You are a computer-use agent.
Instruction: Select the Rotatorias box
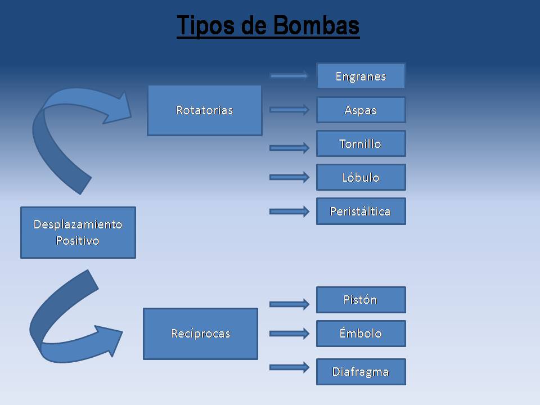point(204,110)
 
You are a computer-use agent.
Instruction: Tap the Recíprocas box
point(200,334)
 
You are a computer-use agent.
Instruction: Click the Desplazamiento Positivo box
point(78,232)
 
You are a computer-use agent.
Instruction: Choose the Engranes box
point(361,76)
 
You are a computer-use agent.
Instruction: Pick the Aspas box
point(361,110)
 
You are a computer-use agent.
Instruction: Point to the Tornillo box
point(361,143)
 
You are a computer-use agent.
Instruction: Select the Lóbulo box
point(361,177)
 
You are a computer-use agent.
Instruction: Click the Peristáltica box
point(361,211)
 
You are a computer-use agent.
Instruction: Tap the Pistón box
point(361,300)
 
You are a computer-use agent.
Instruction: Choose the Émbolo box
point(361,334)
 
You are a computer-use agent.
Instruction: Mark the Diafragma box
point(361,372)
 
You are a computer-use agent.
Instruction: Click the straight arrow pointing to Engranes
point(289,75)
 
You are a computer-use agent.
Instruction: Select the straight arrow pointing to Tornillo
point(289,147)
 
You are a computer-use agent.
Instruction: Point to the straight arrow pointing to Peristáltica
point(289,211)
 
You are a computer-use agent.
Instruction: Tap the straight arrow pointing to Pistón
point(289,304)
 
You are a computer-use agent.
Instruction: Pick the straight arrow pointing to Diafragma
point(289,367)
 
